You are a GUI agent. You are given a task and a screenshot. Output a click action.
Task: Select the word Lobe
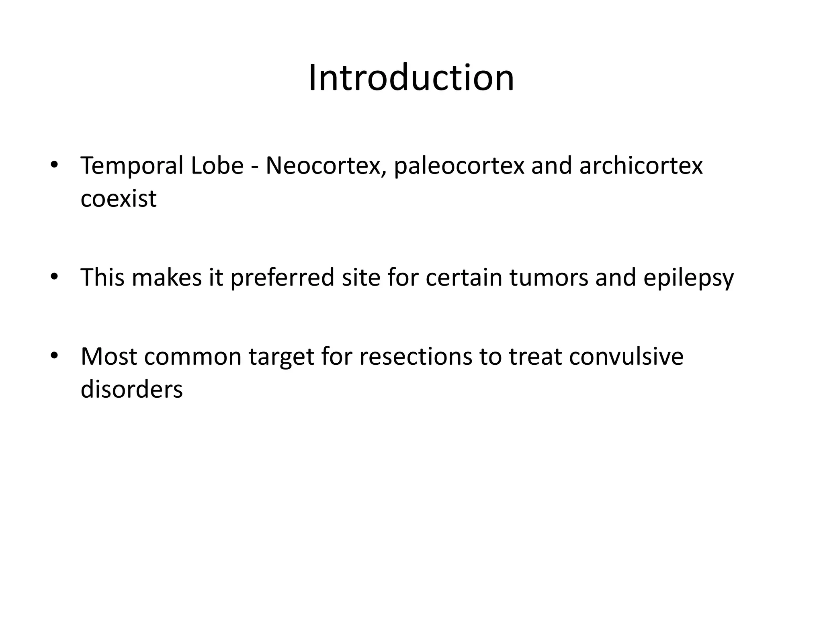217,165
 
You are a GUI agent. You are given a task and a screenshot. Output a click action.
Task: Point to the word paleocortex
459,166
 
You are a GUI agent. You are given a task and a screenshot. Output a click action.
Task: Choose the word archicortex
641,165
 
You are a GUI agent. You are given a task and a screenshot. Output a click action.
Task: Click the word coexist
118,198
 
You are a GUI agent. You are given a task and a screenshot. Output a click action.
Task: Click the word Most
109,356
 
